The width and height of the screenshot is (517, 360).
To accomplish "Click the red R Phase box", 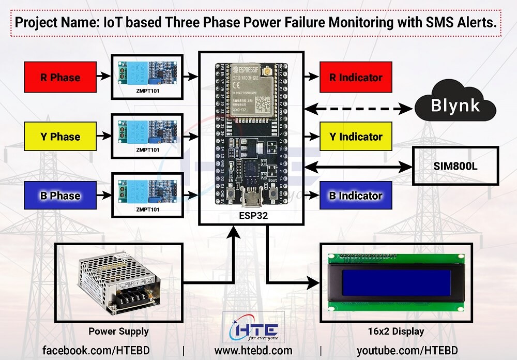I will pyautogui.click(x=60, y=78).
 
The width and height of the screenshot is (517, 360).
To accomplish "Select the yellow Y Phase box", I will pyautogui.click(x=60, y=137).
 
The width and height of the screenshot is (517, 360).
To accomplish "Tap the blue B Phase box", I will pyautogui.click(x=60, y=196).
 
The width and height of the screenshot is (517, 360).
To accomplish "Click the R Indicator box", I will pyautogui.click(x=356, y=78).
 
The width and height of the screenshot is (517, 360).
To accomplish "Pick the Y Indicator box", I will pyautogui.click(x=356, y=137).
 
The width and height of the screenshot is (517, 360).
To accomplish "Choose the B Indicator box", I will pyautogui.click(x=356, y=196).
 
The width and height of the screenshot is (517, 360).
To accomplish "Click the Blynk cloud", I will pyautogui.click(x=455, y=107).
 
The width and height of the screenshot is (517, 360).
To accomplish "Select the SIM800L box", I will pyautogui.click(x=455, y=166).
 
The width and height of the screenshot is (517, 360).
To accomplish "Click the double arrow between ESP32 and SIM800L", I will pyautogui.click(x=357, y=167).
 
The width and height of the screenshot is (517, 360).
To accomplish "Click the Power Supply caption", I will pyautogui.click(x=118, y=332).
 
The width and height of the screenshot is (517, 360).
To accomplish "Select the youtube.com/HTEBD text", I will pyautogui.click(x=407, y=350).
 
